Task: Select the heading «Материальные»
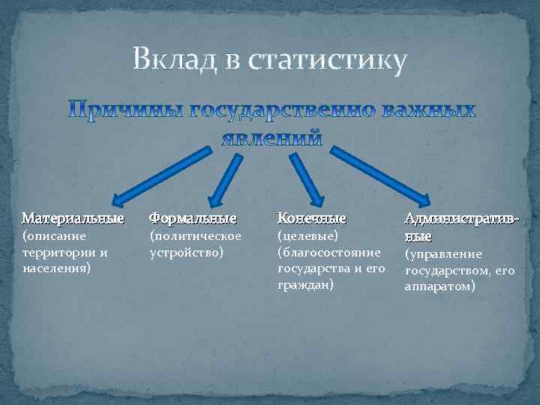click(x=73, y=219)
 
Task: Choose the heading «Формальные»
click(x=193, y=219)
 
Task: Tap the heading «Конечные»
click(x=312, y=219)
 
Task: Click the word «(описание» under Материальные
click(x=55, y=236)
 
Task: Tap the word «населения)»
click(x=58, y=268)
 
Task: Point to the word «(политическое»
click(x=195, y=236)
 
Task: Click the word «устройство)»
click(x=187, y=252)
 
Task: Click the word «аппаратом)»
click(x=440, y=286)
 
